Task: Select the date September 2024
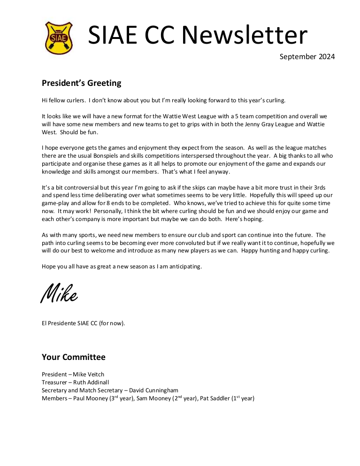[x=307, y=57]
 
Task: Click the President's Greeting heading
[x=81, y=83]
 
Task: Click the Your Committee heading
[x=73, y=357]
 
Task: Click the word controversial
[x=78, y=188]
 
